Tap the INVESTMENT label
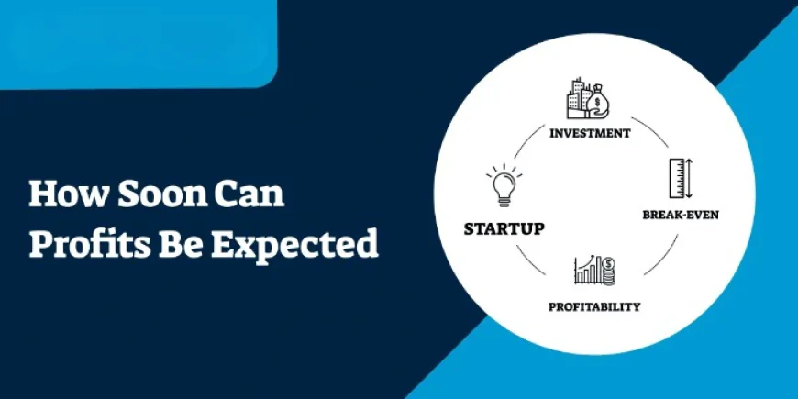590,132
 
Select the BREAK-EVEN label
680,216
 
